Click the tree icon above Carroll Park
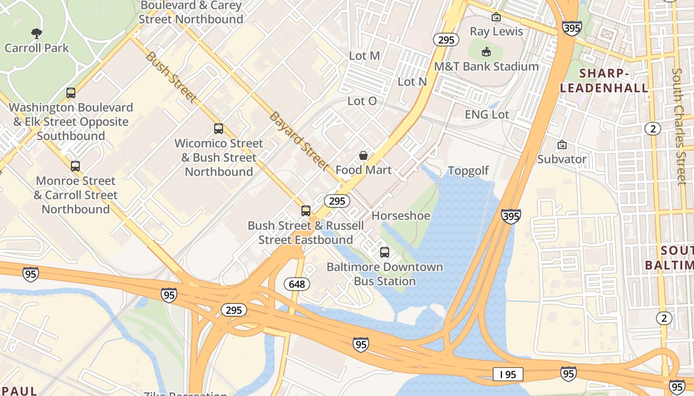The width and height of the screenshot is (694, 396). pyautogui.click(x=36, y=34)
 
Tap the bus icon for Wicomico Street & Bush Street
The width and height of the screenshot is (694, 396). pyautogui.click(x=219, y=129)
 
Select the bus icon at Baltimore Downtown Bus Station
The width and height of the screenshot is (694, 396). pyautogui.click(x=385, y=252)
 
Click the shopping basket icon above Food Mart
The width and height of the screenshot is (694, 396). pyautogui.click(x=363, y=155)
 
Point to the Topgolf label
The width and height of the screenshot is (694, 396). pyautogui.click(x=468, y=171)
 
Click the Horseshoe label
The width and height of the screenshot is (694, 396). pyautogui.click(x=401, y=216)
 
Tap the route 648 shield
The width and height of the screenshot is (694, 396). pyautogui.click(x=297, y=284)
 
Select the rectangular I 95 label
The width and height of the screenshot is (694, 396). pyautogui.click(x=508, y=374)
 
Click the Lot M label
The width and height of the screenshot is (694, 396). pyautogui.click(x=364, y=56)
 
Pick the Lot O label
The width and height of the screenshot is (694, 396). pyautogui.click(x=362, y=101)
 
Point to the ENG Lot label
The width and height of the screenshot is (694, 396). pyautogui.click(x=487, y=114)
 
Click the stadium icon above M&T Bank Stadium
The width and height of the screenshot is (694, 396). pyautogui.click(x=486, y=51)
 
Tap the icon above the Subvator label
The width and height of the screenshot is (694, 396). pyautogui.click(x=562, y=145)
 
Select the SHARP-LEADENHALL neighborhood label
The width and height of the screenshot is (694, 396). pyautogui.click(x=604, y=81)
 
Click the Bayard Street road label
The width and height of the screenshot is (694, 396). pyautogui.click(x=299, y=141)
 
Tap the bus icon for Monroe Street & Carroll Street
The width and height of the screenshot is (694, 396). pyautogui.click(x=75, y=166)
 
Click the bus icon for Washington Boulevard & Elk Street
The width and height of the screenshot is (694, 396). pyautogui.click(x=71, y=93)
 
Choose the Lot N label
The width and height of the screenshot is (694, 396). pyautogui.click(x=412, y=82)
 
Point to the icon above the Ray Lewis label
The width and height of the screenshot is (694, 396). pyautogui.click(x=496, y=17)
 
